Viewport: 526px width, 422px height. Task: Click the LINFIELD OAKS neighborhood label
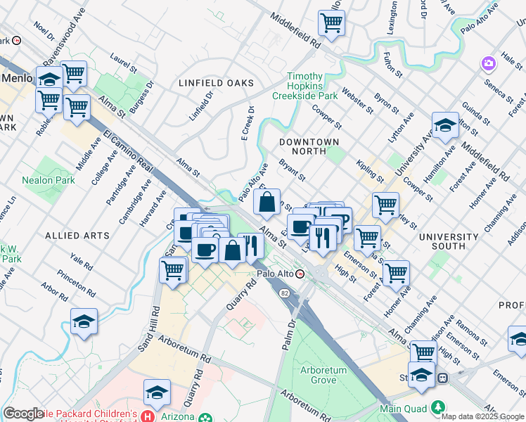coord(216,83)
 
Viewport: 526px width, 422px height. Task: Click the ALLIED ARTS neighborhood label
coord(77,234)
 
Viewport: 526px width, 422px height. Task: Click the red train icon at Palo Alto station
coord(301,274)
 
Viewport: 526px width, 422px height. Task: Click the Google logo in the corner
coord(23,414)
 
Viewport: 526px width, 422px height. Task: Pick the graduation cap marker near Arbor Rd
coord(84,321)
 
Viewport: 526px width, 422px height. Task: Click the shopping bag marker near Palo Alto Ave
coord(267,203)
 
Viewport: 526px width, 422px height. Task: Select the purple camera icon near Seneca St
coord(488,65)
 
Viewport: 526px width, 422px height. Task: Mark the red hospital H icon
coord(148,417)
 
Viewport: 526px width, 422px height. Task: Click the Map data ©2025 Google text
coord(482,416)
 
